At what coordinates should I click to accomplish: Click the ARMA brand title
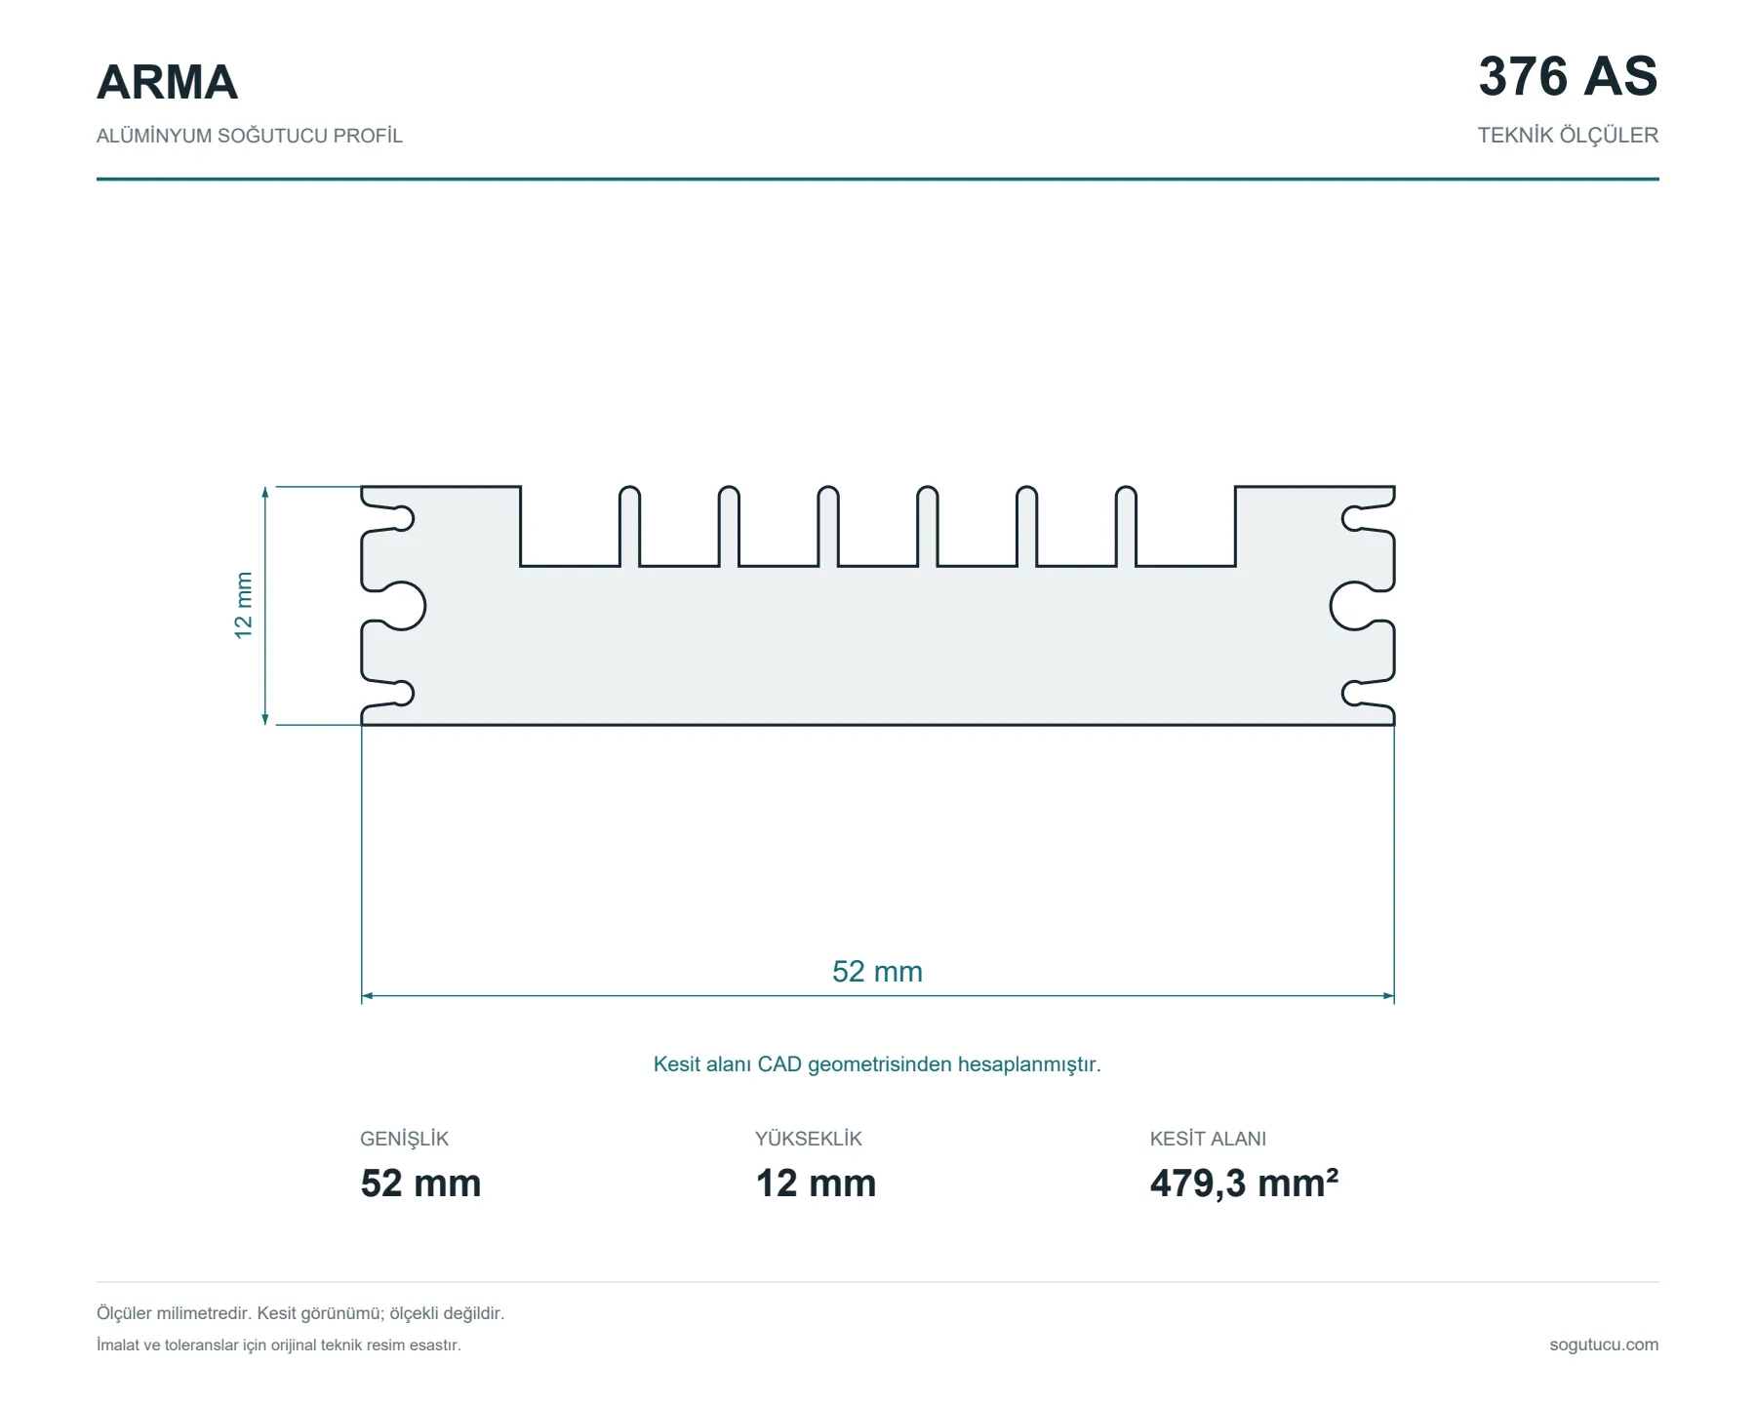pyautogui.click(x=167, y=82)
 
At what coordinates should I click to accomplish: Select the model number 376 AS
pyautogui.click(x=1568, y=76)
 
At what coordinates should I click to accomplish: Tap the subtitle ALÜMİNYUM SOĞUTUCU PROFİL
pyautogui.click(x=249, y=136)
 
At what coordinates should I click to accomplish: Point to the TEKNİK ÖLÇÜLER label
pyautogui.click(x=1568, y=136)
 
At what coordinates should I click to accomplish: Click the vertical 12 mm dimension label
pyautogui.click(x=243, y=605)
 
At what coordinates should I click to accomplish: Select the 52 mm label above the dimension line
pyautogui.click(x=877, y=972)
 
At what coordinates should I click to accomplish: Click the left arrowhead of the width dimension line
pyautogui.click(x=367, y=996)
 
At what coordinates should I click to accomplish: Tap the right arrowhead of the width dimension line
pyautogui.click(x=1388, y=996)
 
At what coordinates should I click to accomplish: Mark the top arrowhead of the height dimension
pyautogui.click(x=265, y=492)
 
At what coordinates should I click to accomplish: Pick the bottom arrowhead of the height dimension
pyautogui.click(x=265, y=719)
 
